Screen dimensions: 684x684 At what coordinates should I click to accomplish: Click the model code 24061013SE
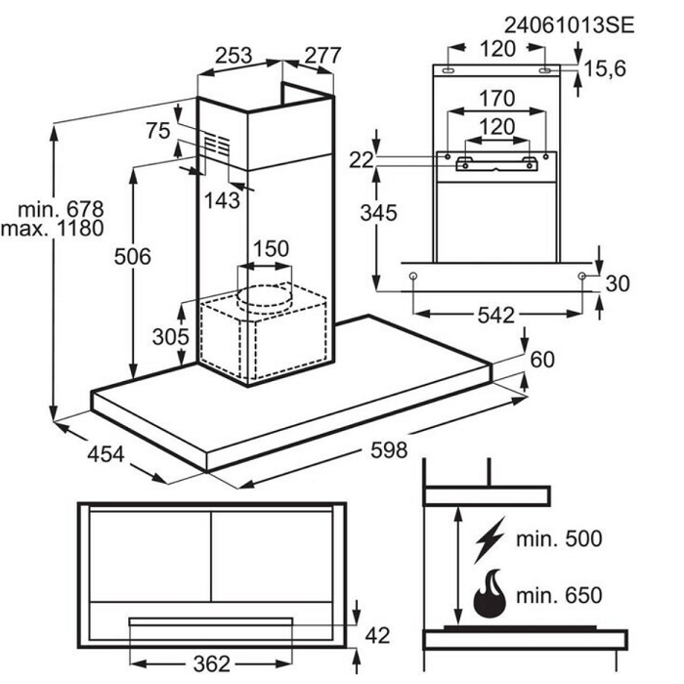coord(569,25)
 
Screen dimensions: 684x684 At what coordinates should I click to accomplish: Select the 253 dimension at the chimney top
coord(234,55)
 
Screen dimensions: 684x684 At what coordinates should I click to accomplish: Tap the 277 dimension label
coord(322,55)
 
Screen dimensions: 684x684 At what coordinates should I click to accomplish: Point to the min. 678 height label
coord(61,209)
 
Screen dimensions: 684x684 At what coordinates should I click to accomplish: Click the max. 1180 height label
coord(53,228)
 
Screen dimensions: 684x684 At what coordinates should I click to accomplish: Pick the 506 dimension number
coord(133,256)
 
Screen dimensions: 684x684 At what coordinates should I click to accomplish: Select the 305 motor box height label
coord(171,336)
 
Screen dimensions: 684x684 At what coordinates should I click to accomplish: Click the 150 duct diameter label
coord(271,248)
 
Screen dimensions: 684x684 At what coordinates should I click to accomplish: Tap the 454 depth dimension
coord(106,454)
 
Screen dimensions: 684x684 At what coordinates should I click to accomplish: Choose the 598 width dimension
coord(389,449)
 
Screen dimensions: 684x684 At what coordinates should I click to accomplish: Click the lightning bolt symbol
coord(490,539)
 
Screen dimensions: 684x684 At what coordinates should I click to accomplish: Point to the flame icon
coord(490,593)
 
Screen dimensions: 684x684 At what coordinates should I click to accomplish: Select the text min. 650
coord(559,595)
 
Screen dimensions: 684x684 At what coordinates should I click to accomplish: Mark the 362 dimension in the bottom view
coord(212,663)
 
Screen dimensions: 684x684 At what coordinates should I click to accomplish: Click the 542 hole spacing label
coord(496,315)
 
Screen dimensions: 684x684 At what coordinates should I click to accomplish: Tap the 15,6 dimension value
coord(605,68)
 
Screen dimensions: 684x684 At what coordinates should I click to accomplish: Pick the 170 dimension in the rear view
coord(496,99)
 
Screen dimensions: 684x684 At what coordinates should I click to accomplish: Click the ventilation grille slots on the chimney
coord(216,145)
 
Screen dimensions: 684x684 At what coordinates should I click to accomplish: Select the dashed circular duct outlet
coord(264,300)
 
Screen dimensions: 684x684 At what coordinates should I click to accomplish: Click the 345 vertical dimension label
coord(379,213)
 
